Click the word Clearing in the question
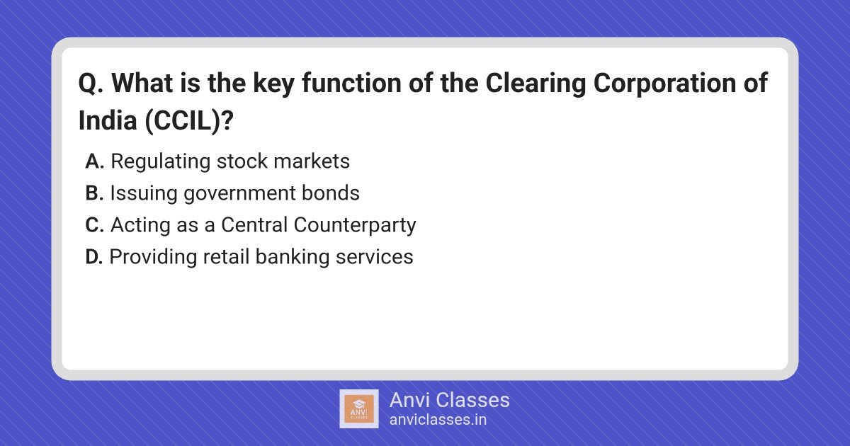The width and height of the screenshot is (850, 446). click(535, 84)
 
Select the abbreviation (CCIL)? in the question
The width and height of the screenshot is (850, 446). click(189, 121)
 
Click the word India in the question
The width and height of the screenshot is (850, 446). click(108, 120)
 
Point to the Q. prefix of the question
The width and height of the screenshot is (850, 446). click(91, 84)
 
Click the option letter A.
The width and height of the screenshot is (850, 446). click(94, 161)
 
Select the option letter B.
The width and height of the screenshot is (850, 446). click(94, 193)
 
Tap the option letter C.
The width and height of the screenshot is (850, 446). click(94, 224)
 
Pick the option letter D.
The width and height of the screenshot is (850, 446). click(94, 257)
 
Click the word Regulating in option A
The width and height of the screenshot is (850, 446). click(161, 162)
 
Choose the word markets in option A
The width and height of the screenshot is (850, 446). click(312, 161)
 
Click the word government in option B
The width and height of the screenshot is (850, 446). click(239, 194)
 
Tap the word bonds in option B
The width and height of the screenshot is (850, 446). click(331, 193)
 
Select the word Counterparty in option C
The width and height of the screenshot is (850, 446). click(355, 226)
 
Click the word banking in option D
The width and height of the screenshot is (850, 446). click(292, 258)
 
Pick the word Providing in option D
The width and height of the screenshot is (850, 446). click(153, 258)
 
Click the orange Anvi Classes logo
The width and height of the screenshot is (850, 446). click(358, 409)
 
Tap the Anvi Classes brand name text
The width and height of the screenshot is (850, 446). click(449, 400)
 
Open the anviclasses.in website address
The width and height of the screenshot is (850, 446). click(438, 420)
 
